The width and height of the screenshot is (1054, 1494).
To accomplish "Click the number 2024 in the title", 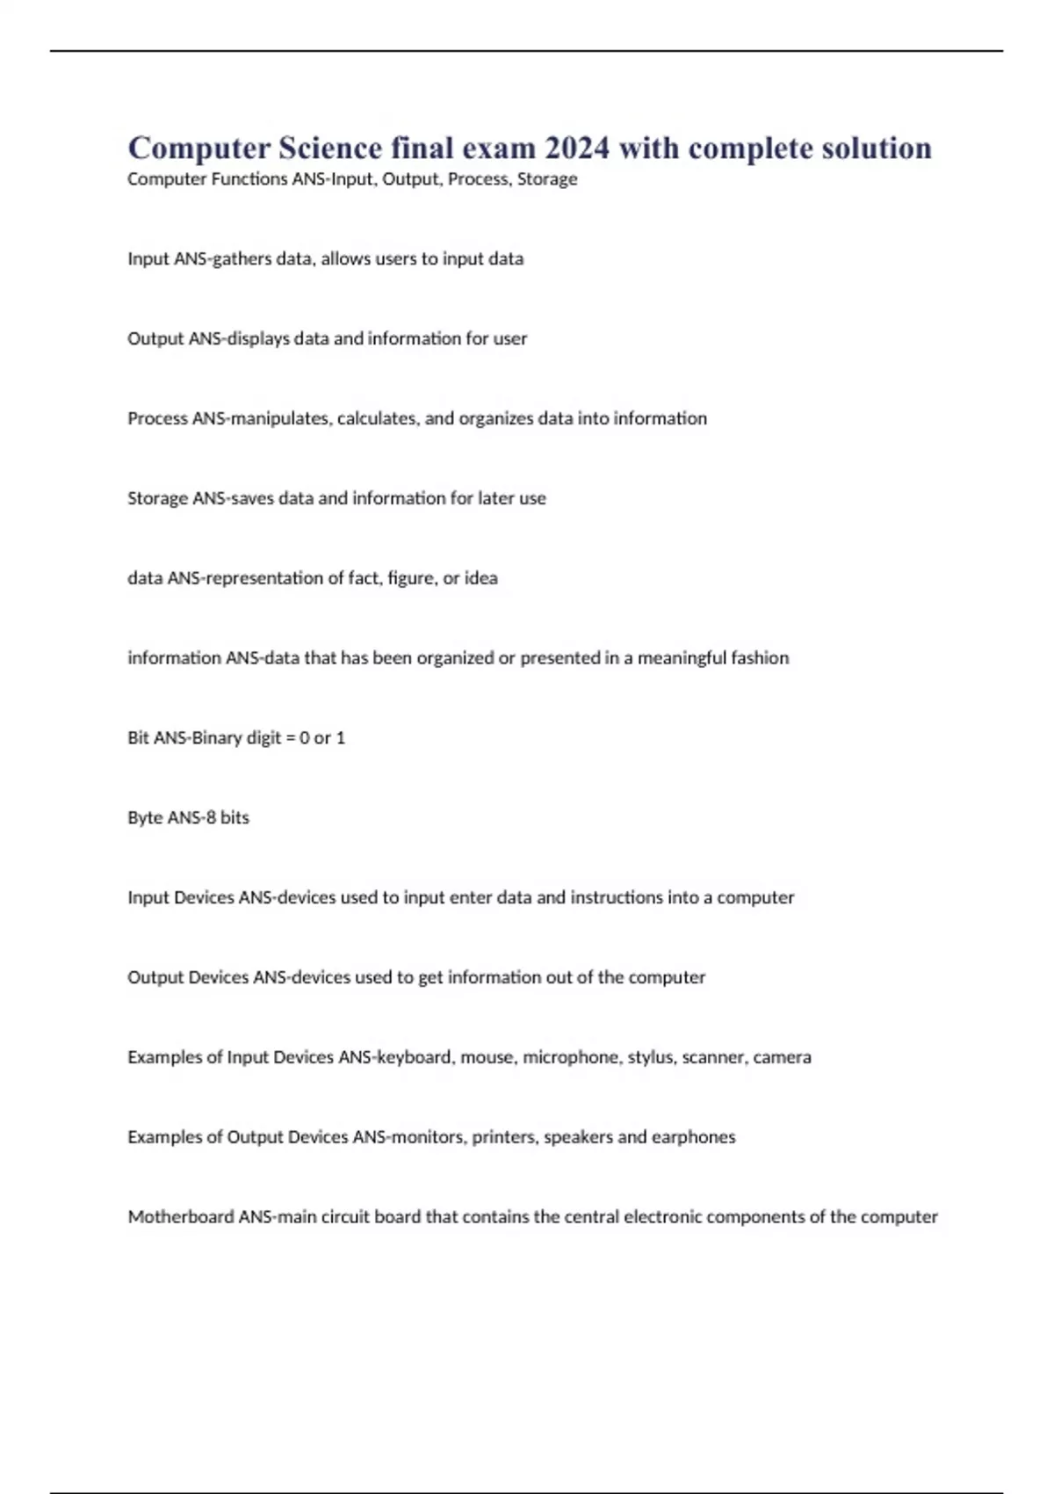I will [576, 148].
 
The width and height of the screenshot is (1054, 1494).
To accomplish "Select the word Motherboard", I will [180, 1217].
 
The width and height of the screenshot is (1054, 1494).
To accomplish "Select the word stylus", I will [649, 1057].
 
